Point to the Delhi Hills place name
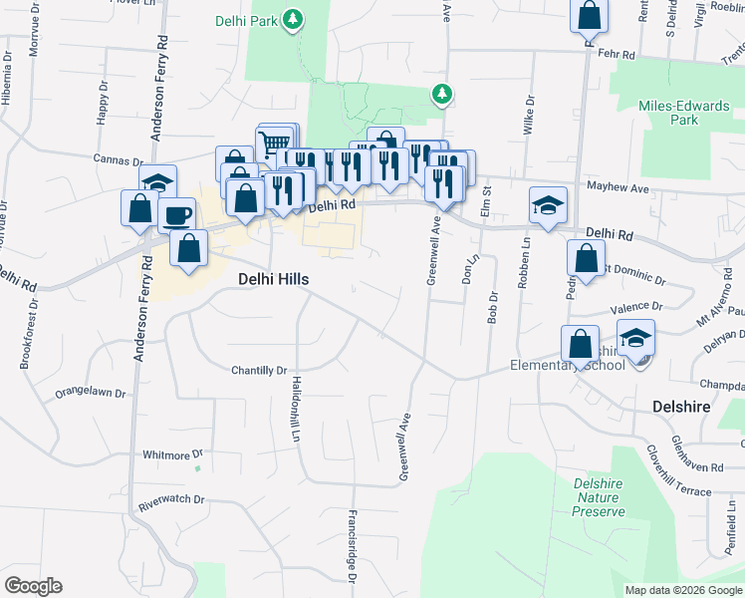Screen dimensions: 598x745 [x=273, y=280]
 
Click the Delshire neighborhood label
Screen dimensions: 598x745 [x=683, y=407]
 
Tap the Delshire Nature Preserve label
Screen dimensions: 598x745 [x=598, y=497]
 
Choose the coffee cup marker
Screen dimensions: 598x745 [x=176, y=216]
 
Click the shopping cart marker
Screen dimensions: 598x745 [x=276, y=145]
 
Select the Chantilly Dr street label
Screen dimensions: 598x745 [x=259, y=370]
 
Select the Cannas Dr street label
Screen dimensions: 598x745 [x=118, y=159]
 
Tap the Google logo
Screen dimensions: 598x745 [x=33, y=586]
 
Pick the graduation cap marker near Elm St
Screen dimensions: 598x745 [x=548, y=204]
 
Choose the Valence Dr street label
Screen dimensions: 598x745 [x=636, y=307]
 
